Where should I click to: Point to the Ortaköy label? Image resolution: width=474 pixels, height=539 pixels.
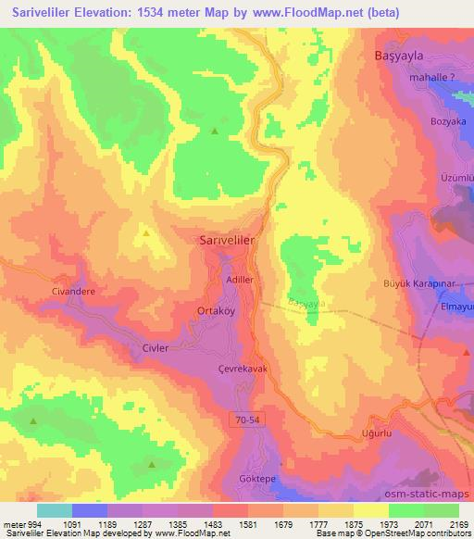click(x=218, y=312)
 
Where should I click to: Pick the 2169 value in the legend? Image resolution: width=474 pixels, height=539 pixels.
click(x=455, y=523)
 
